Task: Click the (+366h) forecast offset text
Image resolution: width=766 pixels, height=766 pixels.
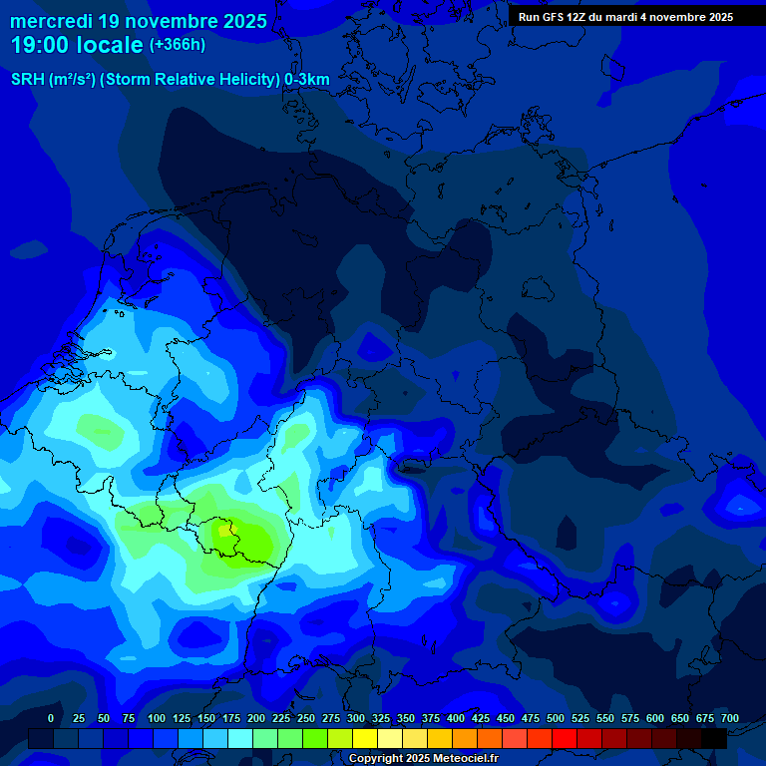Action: (x=177, y=45)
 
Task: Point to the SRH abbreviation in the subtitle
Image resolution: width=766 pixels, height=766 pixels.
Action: (x=28, y=80)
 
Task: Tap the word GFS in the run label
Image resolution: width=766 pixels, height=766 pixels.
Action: (x=556, y=17)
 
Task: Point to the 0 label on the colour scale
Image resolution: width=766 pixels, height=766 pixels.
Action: (x=51, y=718)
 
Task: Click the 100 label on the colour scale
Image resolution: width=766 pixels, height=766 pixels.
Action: (x=157, y=718)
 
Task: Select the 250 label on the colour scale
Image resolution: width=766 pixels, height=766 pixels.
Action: (x=306, y=718)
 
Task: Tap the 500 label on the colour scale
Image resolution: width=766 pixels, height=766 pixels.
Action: (x=556, y=718)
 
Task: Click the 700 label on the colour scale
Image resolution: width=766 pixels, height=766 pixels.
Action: (x=730, y=718)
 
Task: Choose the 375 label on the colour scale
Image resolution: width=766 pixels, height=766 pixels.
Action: (x=431, y=718)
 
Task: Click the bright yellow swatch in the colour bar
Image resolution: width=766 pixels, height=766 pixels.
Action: (x=365, y=739)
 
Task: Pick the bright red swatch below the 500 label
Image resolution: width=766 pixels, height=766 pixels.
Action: (x=565, y=739)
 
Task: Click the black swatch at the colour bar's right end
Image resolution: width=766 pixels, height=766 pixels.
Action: (x=714, y=739)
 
